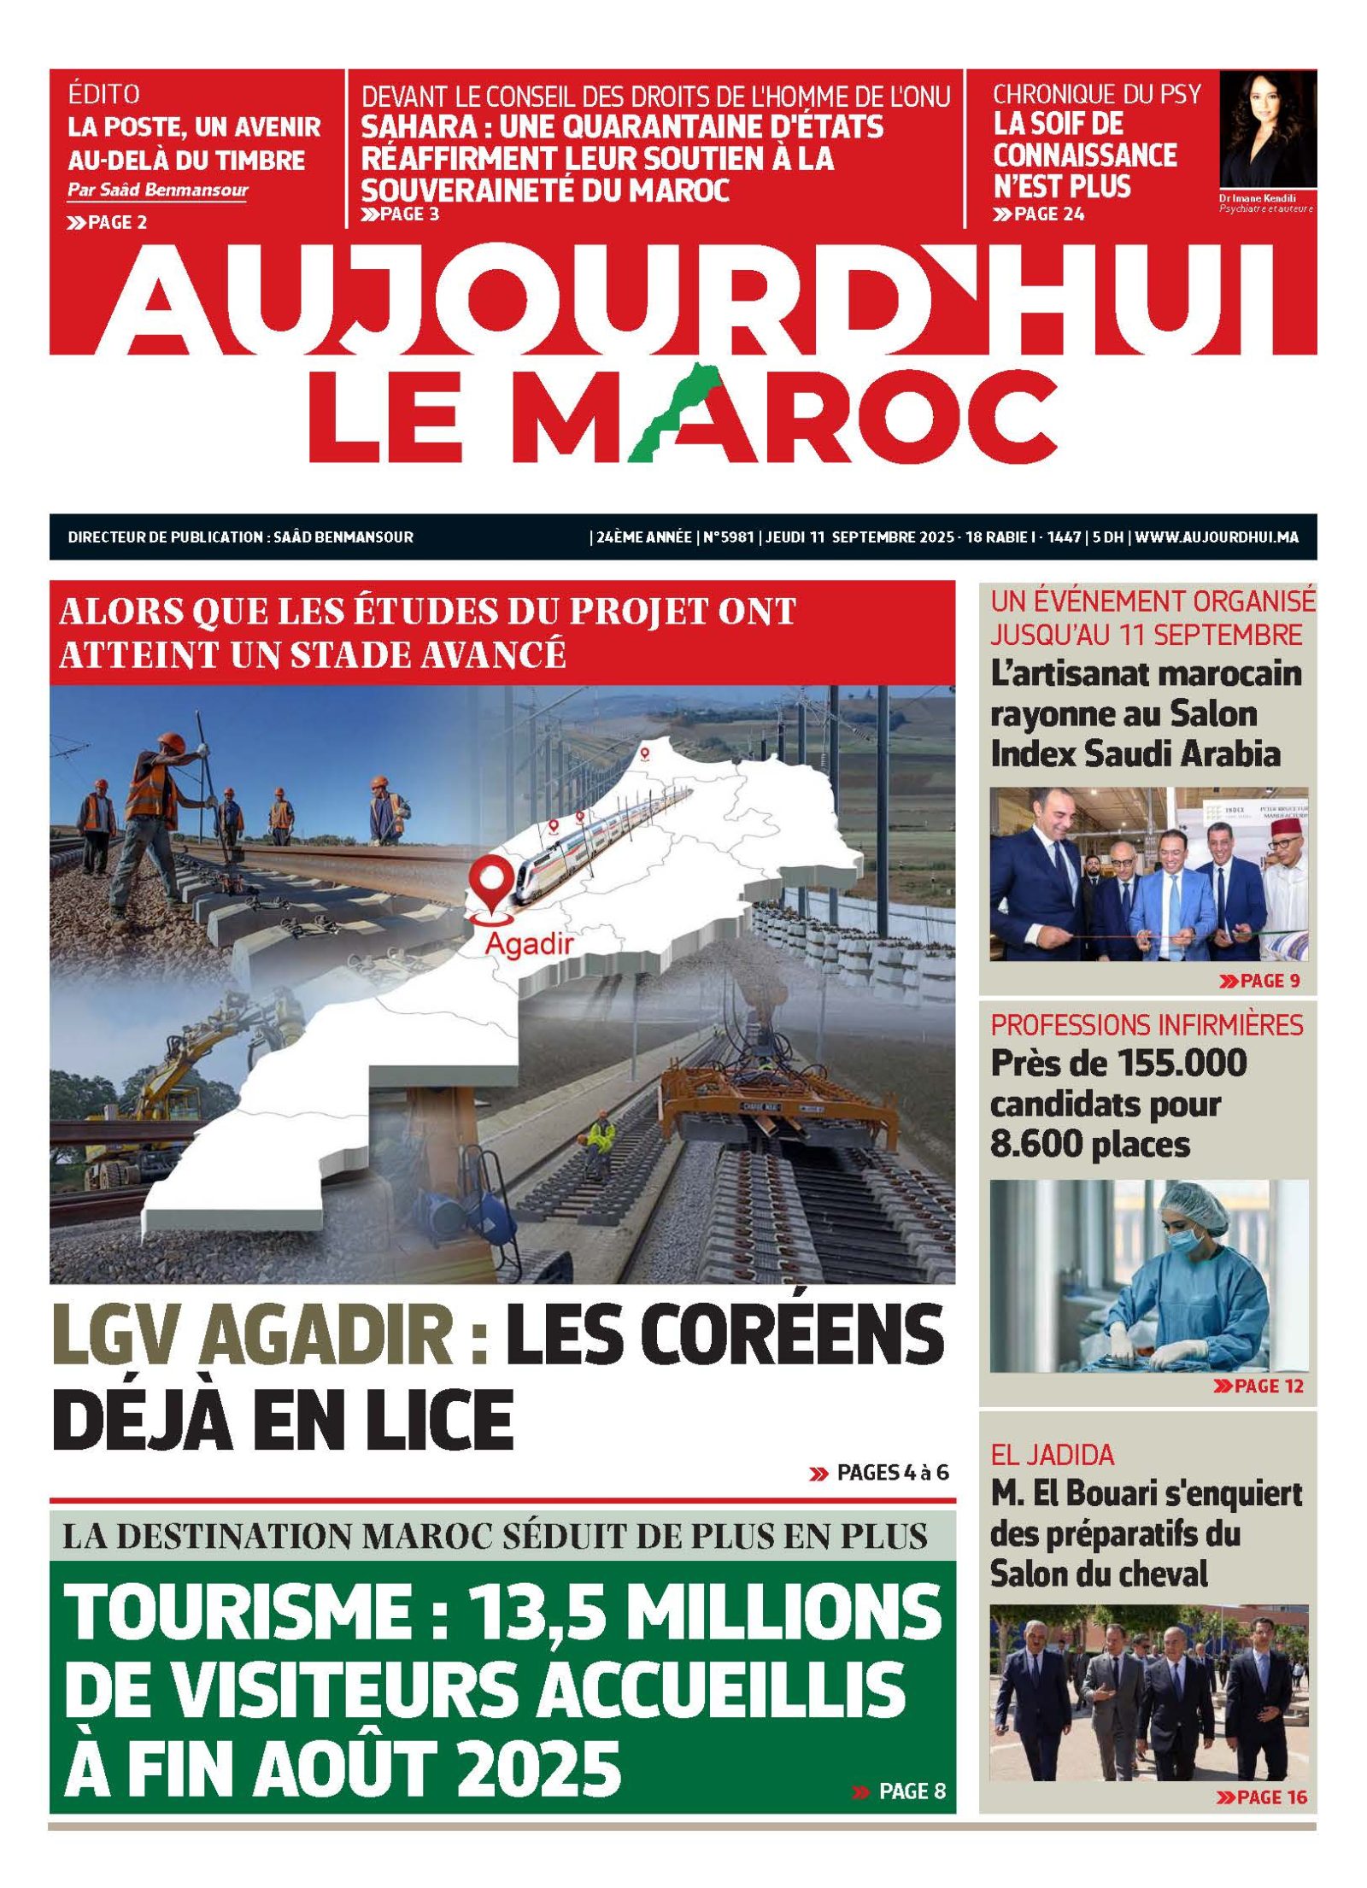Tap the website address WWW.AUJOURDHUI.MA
1217,537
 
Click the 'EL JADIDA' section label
1052,1455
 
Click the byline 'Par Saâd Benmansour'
158,191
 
